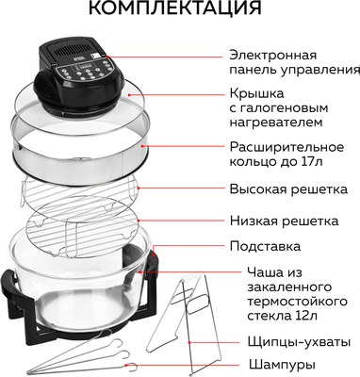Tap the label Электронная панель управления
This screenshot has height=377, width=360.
[293, 61]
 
